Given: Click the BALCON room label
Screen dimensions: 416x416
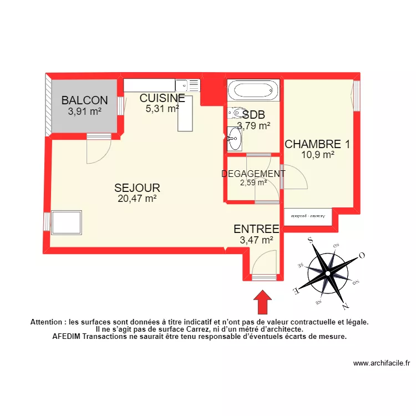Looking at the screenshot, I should (84, 100).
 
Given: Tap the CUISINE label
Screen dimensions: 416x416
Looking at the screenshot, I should (162, 98).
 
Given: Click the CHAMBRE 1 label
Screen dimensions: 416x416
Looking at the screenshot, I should (317, 144).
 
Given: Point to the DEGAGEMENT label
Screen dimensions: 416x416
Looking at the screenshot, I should (253, 174).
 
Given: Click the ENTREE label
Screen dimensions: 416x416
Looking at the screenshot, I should (256, 229).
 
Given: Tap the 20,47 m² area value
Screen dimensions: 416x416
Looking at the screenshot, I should (137, 198).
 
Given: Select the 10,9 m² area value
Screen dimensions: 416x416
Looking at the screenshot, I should (317, 155).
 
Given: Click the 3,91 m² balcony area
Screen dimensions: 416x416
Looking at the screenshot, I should (84, 111).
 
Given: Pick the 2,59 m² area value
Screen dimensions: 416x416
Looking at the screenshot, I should (253, 182).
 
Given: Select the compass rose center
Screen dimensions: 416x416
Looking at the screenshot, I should (328, 273).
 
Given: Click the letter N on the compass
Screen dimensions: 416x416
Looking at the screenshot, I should (346, 307).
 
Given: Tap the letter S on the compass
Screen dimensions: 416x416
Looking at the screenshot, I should (311, 240).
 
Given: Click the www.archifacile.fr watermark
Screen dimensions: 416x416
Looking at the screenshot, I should (381, 364).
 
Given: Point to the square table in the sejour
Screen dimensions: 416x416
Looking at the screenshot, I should (67, 223).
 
